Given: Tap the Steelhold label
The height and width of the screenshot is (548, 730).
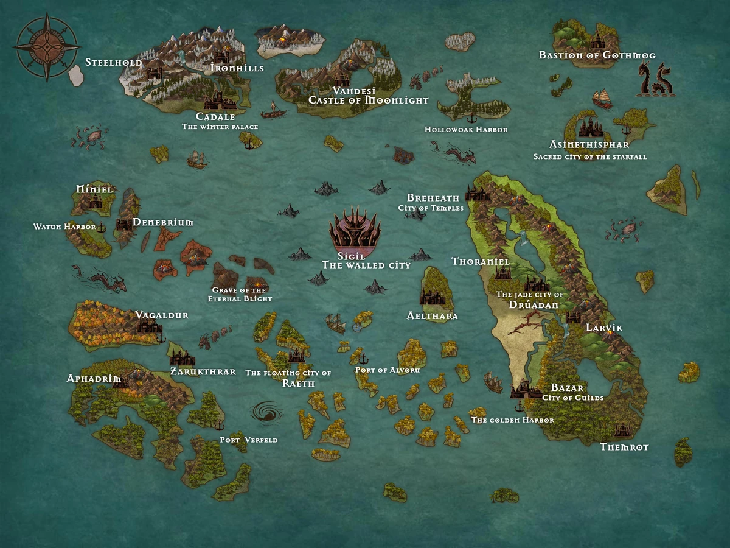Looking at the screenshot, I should click(x=113, y=63).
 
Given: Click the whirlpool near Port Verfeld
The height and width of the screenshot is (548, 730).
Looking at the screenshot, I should click(x=266, y=413).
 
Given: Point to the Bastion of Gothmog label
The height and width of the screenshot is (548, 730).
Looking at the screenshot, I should click(x=597, y=55).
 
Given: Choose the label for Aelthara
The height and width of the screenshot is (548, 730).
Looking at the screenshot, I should click(x=432, y=316).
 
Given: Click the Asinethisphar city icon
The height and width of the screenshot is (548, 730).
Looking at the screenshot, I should click(x=589, y=127).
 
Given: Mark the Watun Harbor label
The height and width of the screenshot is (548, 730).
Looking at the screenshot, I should click(x=64, y=227).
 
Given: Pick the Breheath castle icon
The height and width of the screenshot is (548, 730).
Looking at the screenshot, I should click(x=477, y=194).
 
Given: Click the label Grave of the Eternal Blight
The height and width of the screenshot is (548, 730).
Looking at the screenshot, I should click(x=240, y=295).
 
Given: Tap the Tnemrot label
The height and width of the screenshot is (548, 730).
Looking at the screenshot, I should click(x=624, y=447).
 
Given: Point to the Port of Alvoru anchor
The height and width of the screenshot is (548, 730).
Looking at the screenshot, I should click(x=364, y=357).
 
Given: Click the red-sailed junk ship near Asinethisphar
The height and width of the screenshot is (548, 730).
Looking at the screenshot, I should click(x=602, y=99).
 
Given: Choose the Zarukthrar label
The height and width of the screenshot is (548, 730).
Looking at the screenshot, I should click(x=203, y=371).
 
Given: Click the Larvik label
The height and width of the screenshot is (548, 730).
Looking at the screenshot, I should click(x=604, y=328).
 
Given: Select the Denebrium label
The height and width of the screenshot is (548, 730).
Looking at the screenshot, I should click(x=162, y=223).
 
